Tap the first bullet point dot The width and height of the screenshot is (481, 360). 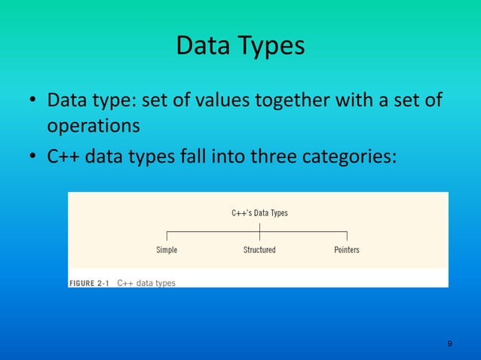click(32, 101)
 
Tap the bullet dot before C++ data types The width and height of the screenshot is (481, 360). click(32, 157)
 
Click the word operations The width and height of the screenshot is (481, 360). click(93, 126)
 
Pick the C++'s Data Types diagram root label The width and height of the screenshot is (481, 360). click(259, 213)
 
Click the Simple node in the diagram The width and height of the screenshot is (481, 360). click(167, 249)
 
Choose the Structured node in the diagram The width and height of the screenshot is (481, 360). click(259, 249)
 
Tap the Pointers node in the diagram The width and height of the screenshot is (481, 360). click(347, 249)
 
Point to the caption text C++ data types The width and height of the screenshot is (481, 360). click(147, 283)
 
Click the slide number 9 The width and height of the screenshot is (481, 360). click(449, 343)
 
